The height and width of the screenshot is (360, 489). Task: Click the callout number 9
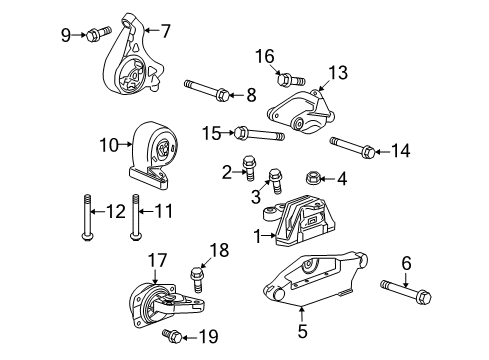[x=66, y=36]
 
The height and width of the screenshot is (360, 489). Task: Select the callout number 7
[x=166, y=31]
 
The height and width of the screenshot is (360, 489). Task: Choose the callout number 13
[x=338, y=72]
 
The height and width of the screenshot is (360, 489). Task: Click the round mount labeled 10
[x=155, y=152]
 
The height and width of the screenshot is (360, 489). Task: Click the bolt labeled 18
[x=197, y=273]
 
